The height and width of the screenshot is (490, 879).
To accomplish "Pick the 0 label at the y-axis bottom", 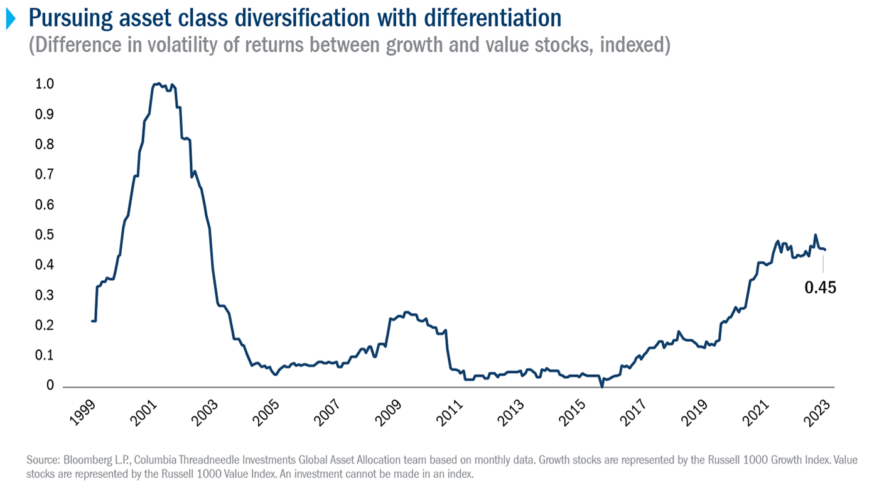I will [50, 386].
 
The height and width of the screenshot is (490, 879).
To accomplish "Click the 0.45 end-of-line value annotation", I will [821, 288].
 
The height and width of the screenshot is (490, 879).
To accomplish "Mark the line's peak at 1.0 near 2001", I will [158, 84].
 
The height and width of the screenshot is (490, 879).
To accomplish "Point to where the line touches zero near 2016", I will [602, 386].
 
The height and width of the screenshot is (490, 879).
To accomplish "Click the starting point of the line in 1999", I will [92, 321].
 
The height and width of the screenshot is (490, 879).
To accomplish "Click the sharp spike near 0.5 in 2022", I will [816, 235].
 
